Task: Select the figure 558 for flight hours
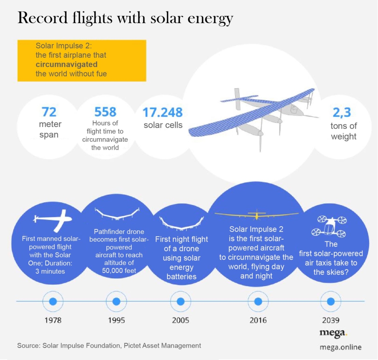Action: [105, 112]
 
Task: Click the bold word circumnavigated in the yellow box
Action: [66, 65]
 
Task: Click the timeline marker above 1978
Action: [53, 301]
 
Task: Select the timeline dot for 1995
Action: [116, 301]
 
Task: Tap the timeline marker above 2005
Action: [181, 301]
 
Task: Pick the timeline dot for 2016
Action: [258, 301]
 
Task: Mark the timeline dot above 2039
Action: [331, 301]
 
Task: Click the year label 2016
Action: [258, 320]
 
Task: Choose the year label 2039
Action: [331, 320]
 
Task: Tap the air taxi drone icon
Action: [329, 226]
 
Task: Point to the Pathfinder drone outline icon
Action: [117, 214]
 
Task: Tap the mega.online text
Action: [341, 347]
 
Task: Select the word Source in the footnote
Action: [28, 346]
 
